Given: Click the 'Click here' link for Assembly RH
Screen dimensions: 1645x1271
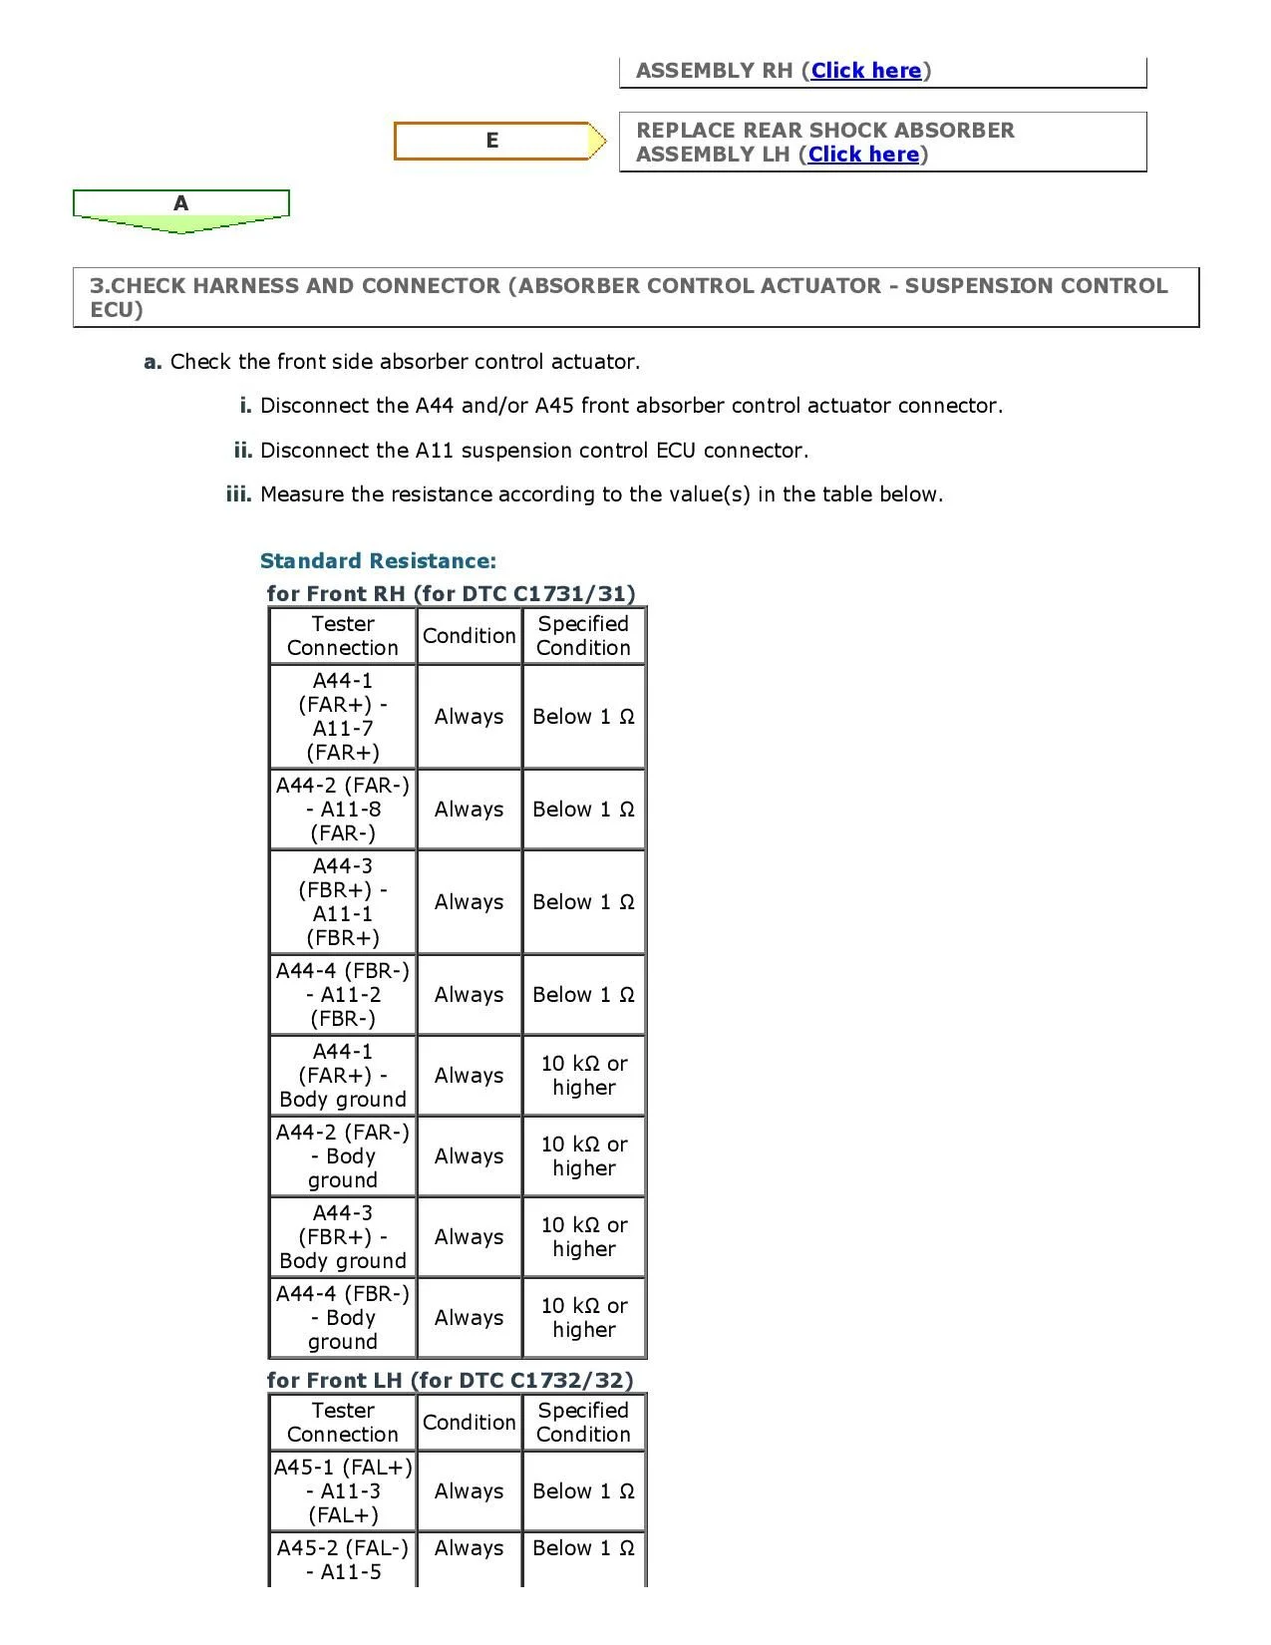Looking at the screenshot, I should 865,71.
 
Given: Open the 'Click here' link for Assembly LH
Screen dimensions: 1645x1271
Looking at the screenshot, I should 863,155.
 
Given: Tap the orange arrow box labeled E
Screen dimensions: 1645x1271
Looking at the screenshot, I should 492,141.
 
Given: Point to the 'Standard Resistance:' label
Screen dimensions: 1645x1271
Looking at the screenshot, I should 378,561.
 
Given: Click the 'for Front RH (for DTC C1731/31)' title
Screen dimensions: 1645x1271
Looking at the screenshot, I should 451,594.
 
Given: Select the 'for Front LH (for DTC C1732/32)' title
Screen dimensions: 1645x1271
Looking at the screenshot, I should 450,1381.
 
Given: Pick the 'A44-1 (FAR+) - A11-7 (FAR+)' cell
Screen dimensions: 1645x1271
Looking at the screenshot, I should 343,717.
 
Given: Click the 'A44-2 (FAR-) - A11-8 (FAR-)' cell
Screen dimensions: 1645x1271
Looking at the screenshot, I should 343,810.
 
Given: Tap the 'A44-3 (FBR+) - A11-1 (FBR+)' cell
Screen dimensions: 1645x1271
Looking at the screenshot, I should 343,902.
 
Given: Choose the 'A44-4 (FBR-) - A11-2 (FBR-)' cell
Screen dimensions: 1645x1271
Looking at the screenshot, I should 343,995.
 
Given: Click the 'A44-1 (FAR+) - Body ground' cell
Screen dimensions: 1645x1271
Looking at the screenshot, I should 343,1076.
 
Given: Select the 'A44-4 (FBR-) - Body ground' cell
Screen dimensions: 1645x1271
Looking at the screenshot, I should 343,1318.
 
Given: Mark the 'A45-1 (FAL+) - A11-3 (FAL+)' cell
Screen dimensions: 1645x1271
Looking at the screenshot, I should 343,1491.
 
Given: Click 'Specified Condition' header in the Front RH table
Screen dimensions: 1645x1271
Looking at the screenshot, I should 583,636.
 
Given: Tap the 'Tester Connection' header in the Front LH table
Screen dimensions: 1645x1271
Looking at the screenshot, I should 343,1423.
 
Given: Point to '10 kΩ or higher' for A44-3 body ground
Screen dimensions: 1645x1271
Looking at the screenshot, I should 584,1237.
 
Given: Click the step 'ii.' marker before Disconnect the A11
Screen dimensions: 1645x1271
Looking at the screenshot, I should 243,451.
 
